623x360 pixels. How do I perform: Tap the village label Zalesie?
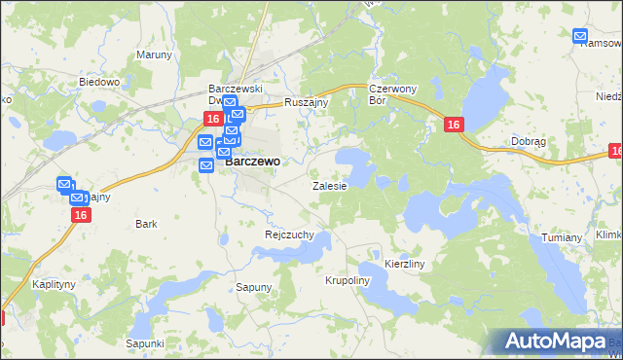[x=329, y=185]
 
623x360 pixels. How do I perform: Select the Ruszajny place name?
[x=308, y=102]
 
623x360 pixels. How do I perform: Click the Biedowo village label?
[x=99, y=83]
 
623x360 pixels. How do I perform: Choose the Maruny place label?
[x=154, y=54]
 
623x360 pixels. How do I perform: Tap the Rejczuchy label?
[x=289, y=234]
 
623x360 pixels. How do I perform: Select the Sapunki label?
[x=144, y=343]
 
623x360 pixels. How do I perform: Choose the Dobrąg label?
[x=529, y=141]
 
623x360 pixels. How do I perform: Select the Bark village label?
[x=147, y=224]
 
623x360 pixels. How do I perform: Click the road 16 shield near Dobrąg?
[x=454, y=125]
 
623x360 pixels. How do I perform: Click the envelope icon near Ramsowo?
[x=581, y=37]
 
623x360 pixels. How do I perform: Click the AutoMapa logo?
[x=557, y=342]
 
